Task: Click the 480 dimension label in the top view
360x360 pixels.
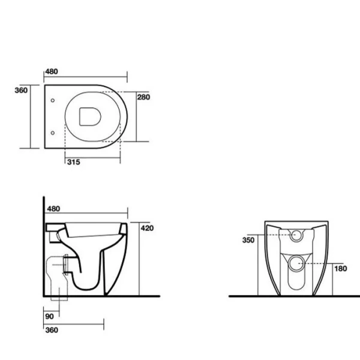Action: tap(53, 72)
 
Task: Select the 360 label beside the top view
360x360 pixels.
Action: tap(21, 90)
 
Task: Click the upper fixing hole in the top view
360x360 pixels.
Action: tap(53, 100)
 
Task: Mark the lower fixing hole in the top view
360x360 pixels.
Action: tap(53, 131)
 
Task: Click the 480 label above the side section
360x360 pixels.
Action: tap(53, 209)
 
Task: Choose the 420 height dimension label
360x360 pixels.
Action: tap(148, 228)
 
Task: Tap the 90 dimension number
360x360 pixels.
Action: tap(49, 316)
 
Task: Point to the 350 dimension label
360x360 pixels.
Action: tap(248, 240)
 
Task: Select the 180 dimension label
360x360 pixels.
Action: tap(340, 268)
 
